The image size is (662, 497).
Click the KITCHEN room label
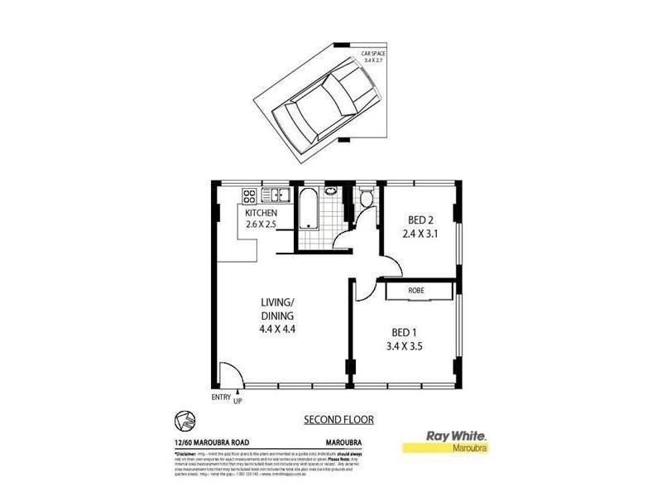261,213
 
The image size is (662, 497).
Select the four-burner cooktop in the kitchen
248,195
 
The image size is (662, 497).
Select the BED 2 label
420,220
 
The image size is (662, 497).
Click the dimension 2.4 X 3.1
420,234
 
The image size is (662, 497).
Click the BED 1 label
405,334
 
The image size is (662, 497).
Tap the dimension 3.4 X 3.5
405,347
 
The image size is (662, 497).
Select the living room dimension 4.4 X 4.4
277,328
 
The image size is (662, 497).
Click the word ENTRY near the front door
221,398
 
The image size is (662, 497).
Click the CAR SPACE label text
373,56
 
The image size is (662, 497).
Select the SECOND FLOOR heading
338,420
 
